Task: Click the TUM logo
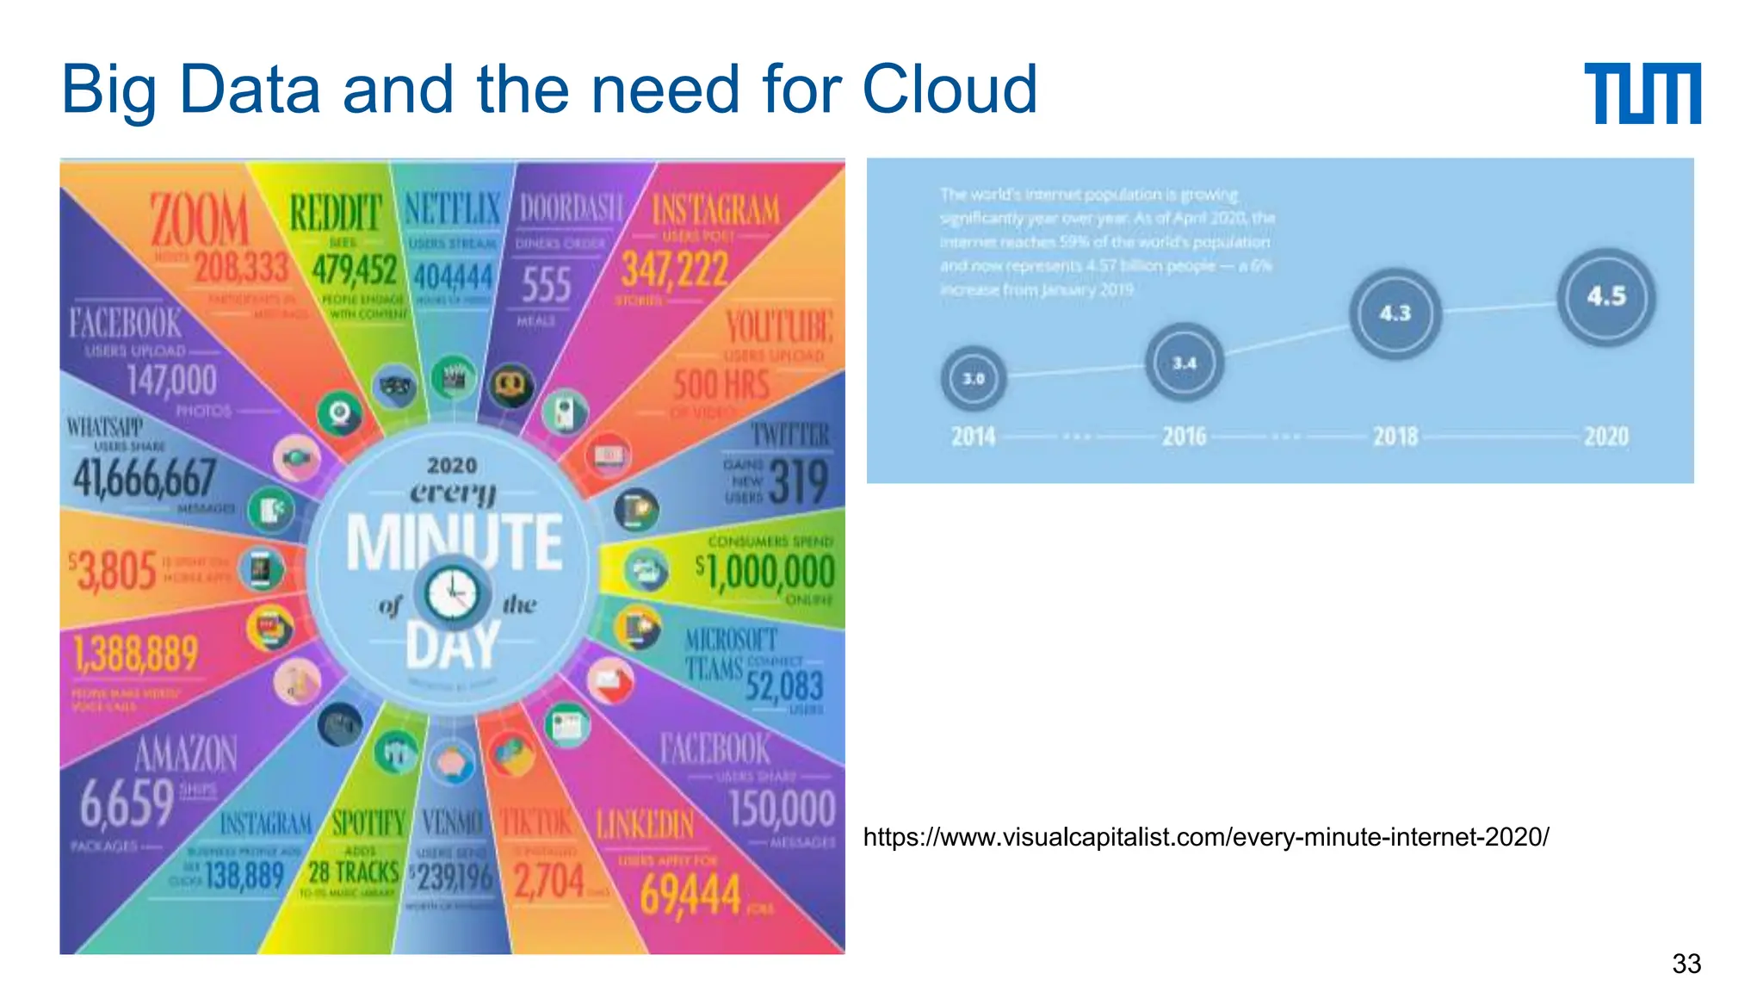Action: [1642, 93]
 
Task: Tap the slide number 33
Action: [1686, 964]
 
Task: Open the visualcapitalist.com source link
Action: [1205, 837]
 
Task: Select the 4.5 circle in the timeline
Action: [1605, 297]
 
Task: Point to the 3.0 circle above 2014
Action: [973, 378]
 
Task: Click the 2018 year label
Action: [1395, 437]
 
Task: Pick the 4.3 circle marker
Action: [1395, 313]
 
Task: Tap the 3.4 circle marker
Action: [1184, 363]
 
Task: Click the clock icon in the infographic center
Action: [452, 593]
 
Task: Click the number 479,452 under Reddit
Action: [354, 270]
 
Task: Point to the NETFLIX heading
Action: [452, 209]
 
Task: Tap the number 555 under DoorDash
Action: [546, 285]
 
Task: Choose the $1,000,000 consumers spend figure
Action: [764, 572]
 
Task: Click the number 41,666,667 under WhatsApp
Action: [144, 478]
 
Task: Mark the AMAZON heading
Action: [186, 754]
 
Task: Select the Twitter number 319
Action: [798, 482]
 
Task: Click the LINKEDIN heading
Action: [645, 825]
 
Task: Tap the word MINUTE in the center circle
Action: [454, 542]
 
